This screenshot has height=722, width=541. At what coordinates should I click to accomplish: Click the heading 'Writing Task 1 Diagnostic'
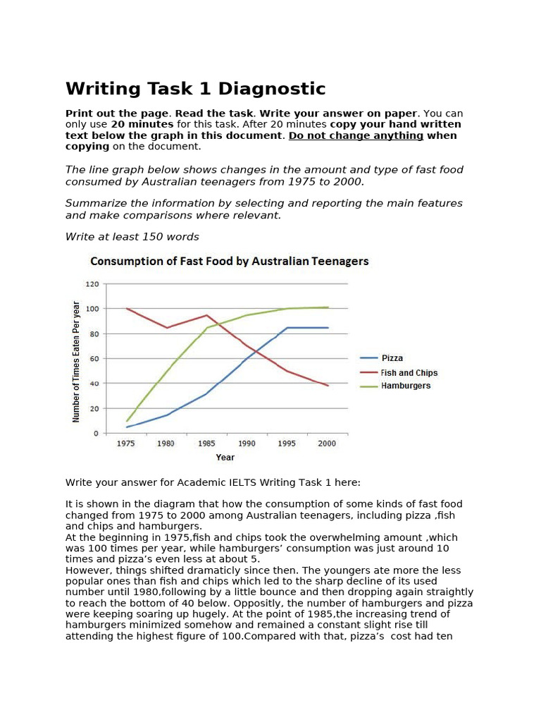pyautogui.click(x=196, y=89)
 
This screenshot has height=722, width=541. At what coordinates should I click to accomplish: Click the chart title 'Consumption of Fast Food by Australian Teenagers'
pyautogui.click(x=229, y=261)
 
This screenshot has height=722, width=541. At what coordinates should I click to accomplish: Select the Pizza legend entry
pyautogui.click(x=393, y=358)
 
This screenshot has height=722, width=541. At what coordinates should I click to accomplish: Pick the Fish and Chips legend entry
pyautogui.click(x=409, y=372)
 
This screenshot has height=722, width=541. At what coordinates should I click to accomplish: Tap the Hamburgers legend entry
pyautogui.click(x=405, y=386)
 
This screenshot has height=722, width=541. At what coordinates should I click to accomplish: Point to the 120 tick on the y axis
pyautogui.click(x=92, y=284)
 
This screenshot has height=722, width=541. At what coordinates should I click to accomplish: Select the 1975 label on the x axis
pyautogui.click(x=126, y=443)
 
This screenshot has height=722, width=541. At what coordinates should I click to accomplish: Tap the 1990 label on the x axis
pyautogui.click(x=247, y=443)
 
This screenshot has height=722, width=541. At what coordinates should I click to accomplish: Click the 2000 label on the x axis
pyautogui.click(x=327, y=443)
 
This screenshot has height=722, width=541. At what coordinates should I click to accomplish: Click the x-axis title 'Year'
pyautogui.click(x=225, y=457)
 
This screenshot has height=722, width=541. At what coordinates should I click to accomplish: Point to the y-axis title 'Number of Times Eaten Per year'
pyautogui.click(x=77, y=361)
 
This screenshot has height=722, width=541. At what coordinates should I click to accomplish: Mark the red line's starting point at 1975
pyautogui.click(x=127, y=309)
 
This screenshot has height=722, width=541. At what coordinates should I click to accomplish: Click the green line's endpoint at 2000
pyautogui.click(x=328, y=307)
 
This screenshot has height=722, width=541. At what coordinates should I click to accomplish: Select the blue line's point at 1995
pyautogui.click(x=287, y=328)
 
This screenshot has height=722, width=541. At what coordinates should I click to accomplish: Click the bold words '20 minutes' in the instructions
pyautogui.click(x=140, y=124)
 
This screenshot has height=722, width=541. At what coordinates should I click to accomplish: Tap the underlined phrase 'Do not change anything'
pyautogui.click(x=356, y=135)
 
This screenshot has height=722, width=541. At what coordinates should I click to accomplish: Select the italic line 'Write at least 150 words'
pyautogui.click(x=132, y=237)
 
